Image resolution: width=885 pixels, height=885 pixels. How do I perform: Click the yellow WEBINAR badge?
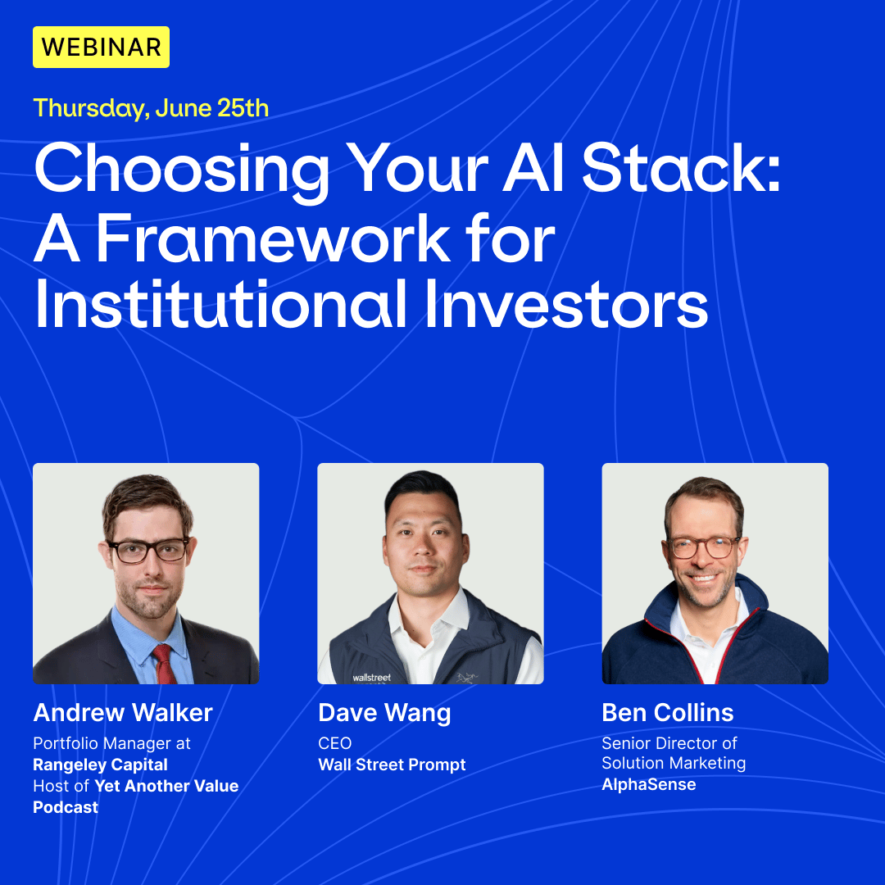(x=101, y=47)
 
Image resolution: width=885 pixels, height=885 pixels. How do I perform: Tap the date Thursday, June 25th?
(x=151, y=108)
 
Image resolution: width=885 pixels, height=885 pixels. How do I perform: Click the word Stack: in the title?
(x=681, y=168)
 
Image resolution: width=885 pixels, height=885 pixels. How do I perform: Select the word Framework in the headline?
(x=273, y=238)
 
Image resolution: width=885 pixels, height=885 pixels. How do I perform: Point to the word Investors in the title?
(x=566, y=304)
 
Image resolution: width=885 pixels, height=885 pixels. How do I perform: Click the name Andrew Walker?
(x=123, y=712)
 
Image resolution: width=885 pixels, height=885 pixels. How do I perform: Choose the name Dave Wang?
(x=384, y=713)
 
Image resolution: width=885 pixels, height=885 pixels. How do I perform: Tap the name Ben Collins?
(x=668, y=712)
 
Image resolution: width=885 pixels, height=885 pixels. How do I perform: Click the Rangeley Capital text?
(x=101, y=765)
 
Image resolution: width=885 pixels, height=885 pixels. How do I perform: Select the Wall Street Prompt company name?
(x=392, y=765)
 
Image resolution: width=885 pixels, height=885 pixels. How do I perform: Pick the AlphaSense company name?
(x=648, y=784)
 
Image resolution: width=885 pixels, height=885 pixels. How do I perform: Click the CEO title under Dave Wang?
(x=334, y=743)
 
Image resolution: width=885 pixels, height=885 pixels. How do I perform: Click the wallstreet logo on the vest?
(x=371, y=678)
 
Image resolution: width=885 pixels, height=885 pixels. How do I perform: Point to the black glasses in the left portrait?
(x=148, y=551)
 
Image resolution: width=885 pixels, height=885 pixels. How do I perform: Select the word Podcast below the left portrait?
(x=66, y=808)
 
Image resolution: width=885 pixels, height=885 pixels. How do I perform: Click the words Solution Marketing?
(x=674, y=764)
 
